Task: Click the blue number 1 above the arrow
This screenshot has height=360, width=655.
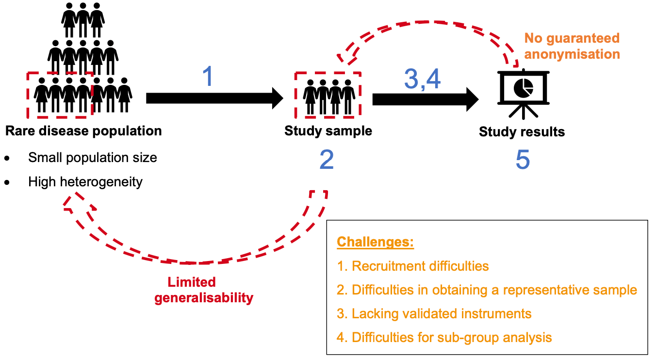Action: pos(208,77)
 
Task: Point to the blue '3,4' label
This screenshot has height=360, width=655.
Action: pos(422,79)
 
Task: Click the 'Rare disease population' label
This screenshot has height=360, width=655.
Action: pos(83,131)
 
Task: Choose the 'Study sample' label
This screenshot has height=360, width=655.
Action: pos(328,131)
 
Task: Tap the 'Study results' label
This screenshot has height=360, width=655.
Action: pos(522,132)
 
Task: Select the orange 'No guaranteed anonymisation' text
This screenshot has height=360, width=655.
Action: pos(573,46)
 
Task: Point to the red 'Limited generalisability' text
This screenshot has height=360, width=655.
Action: pos(204,290)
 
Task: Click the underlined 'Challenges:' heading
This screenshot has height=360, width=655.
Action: pos(375,242)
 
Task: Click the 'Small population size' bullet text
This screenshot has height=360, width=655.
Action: pos(92,158)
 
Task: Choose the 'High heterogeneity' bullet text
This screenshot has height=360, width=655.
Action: pos(85,182)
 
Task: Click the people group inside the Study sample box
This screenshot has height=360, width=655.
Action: pos(328,95)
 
